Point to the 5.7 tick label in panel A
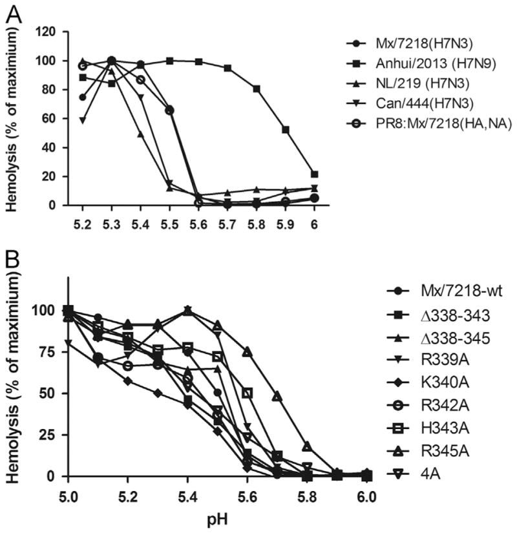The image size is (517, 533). click(226, 219)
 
